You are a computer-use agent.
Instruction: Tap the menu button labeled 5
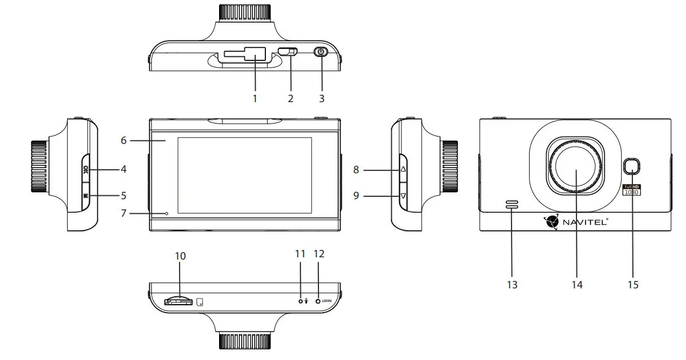point(85,196)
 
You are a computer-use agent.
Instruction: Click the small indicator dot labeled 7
point(167,213)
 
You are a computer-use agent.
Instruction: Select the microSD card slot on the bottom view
point(180,301)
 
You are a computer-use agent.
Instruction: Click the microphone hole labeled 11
point(300,301)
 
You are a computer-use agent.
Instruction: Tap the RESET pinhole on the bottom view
point(318,301)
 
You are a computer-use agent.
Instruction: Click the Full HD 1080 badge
point(631,190)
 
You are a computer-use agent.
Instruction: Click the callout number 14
point(576,285)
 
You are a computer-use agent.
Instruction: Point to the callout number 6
point(124,140)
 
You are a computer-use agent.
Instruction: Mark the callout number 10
point(180,256)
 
